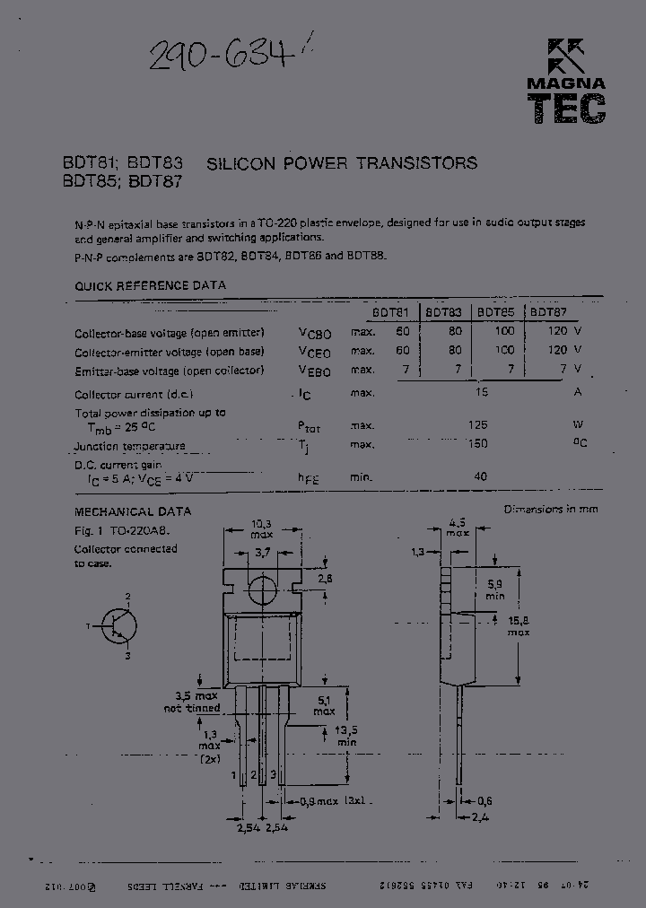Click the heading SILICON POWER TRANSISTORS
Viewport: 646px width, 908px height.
click(342, 163)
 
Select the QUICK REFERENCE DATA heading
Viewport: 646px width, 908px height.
click(150, 285)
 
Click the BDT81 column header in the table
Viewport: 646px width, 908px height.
click(390, 313)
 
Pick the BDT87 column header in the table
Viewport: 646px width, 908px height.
click(548, 313)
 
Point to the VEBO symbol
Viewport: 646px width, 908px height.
click(314, 371)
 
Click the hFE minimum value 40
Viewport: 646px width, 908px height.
click(481, 476)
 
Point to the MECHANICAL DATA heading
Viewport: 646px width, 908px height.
click(132, 511)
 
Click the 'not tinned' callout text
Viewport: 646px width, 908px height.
click(191, 708)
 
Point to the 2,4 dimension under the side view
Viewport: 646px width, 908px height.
click(484, 817)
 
